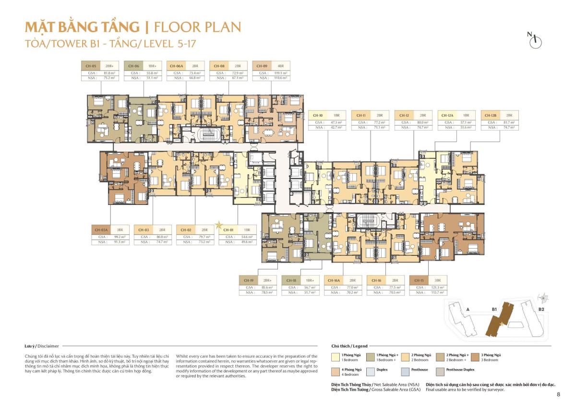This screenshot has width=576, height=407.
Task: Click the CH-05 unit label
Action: coord(90,66)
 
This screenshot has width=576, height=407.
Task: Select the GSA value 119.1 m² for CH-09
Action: coord(279,72)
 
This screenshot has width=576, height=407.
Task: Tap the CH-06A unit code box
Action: coord(176,66)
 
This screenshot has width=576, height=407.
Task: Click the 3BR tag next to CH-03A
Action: coord(120,230)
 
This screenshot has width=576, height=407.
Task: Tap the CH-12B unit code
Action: coord(491,116)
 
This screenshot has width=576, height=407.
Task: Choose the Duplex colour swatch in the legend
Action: coord(372,371)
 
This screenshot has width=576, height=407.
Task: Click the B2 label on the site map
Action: coord(541,310)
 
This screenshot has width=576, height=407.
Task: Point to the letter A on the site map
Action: coord(468,310)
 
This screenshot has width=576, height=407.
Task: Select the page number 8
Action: coord(558,395)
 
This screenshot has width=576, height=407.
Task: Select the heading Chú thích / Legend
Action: coord(349,346)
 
